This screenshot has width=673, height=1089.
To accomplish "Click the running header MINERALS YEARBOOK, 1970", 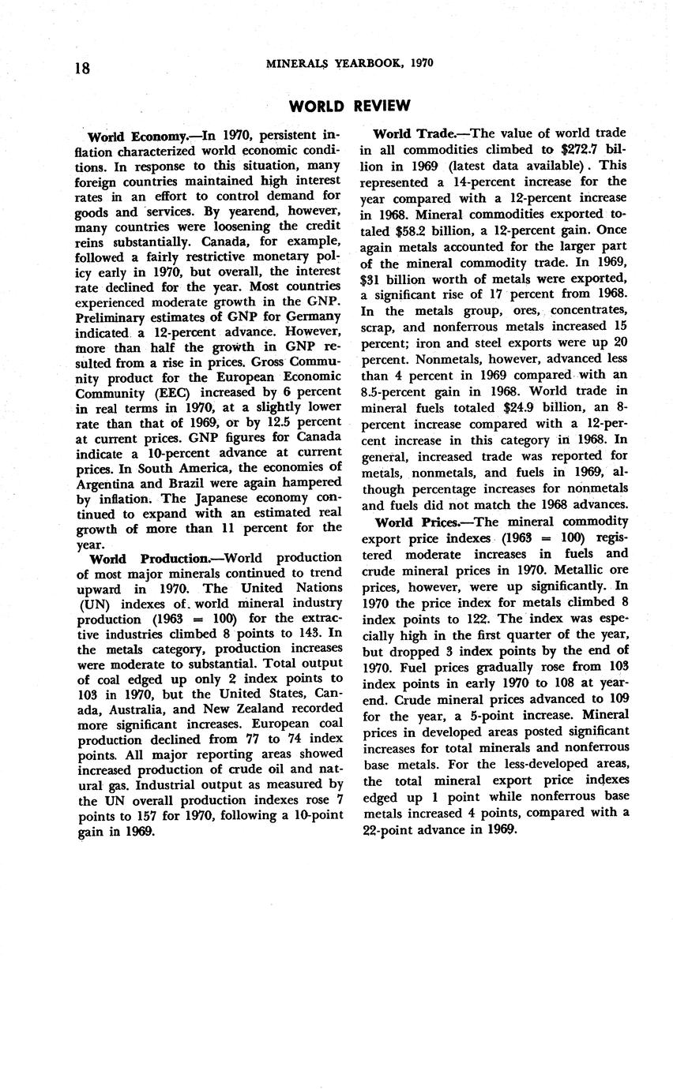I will click(350, 63).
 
